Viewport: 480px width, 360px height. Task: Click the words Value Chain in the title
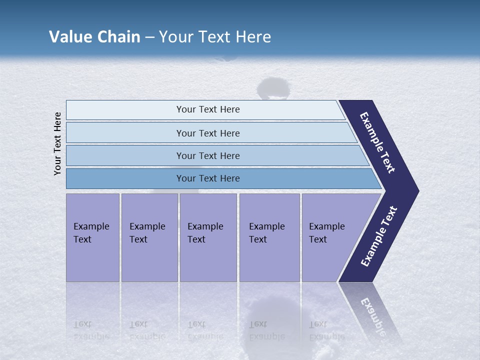[x=94, y=37]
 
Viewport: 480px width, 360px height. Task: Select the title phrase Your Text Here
[x=215, y=37]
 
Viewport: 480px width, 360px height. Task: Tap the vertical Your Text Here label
[x=57, y=143]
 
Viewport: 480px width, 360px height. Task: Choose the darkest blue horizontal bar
[x=125, y=178]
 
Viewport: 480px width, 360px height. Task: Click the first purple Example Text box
[x=92, y=237]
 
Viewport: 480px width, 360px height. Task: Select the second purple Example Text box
[x=149, y=237]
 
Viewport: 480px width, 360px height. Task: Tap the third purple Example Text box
[x=208, y=237]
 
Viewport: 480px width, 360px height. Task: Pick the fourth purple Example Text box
[x=269, y=237]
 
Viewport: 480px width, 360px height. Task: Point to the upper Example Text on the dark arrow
[x=377, y=142]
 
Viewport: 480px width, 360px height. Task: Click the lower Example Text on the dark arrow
[x=379, y=236]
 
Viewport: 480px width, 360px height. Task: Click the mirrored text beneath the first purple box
[x=91, y=330]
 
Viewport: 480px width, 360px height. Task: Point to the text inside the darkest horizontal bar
[x=208, y=178]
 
